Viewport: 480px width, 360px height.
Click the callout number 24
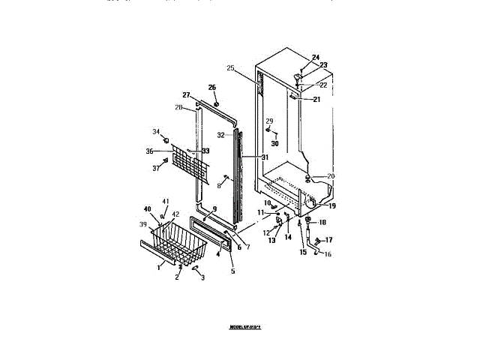click(x=315, y=58)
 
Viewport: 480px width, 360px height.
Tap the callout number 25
click(x=231, y=68)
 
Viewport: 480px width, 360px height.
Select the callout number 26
click(x=212, y=87)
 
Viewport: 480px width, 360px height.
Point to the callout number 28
click(x=178, y=107)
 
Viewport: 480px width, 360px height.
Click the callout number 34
click(x=157, y=132)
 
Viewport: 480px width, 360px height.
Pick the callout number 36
click(x=150, y=151)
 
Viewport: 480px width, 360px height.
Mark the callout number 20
click(x=331, y=176)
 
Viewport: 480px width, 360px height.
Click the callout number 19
click(x=331, y=205)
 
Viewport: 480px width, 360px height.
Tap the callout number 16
click(x=327, y=254)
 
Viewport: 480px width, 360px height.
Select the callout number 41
click(x=166, y=201)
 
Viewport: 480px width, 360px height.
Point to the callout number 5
click(x=232, y=271)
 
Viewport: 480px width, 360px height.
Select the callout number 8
click(x=220, y=185)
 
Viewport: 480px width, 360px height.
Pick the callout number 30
click(x=274, y=143)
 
